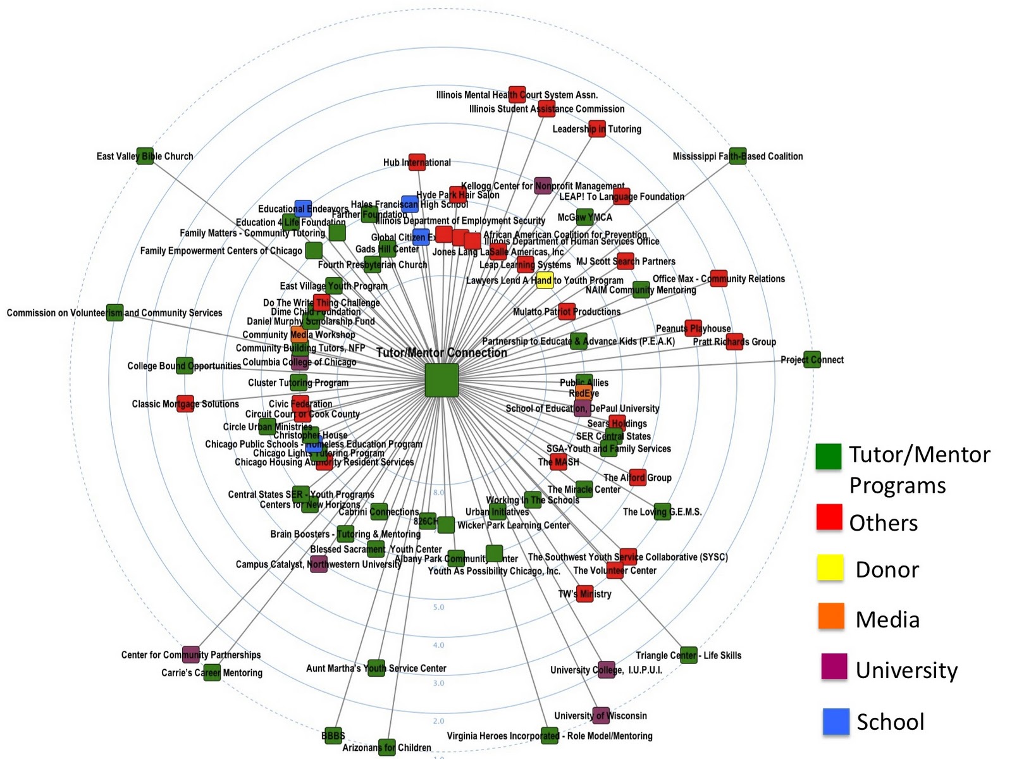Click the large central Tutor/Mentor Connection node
[441, 380]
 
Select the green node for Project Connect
[812, 360]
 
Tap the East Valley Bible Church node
[145, 156]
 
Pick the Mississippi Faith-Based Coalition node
[737, 156]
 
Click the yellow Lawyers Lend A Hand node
[545, 280]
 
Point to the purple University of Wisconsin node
[601, 715]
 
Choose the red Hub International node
[417, 162]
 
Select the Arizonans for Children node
[386, 747]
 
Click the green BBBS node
[333, 735]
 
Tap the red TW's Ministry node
[585, 593]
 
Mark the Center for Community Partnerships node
[190, 654]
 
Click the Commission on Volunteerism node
[114, 312]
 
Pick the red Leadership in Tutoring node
[596, 129]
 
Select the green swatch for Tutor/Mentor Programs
[829, 456]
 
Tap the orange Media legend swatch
[831, 616]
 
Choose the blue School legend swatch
[836, 721]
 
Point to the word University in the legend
[906, 670]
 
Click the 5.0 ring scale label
[438, 607]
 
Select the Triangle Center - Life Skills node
[688, 655]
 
